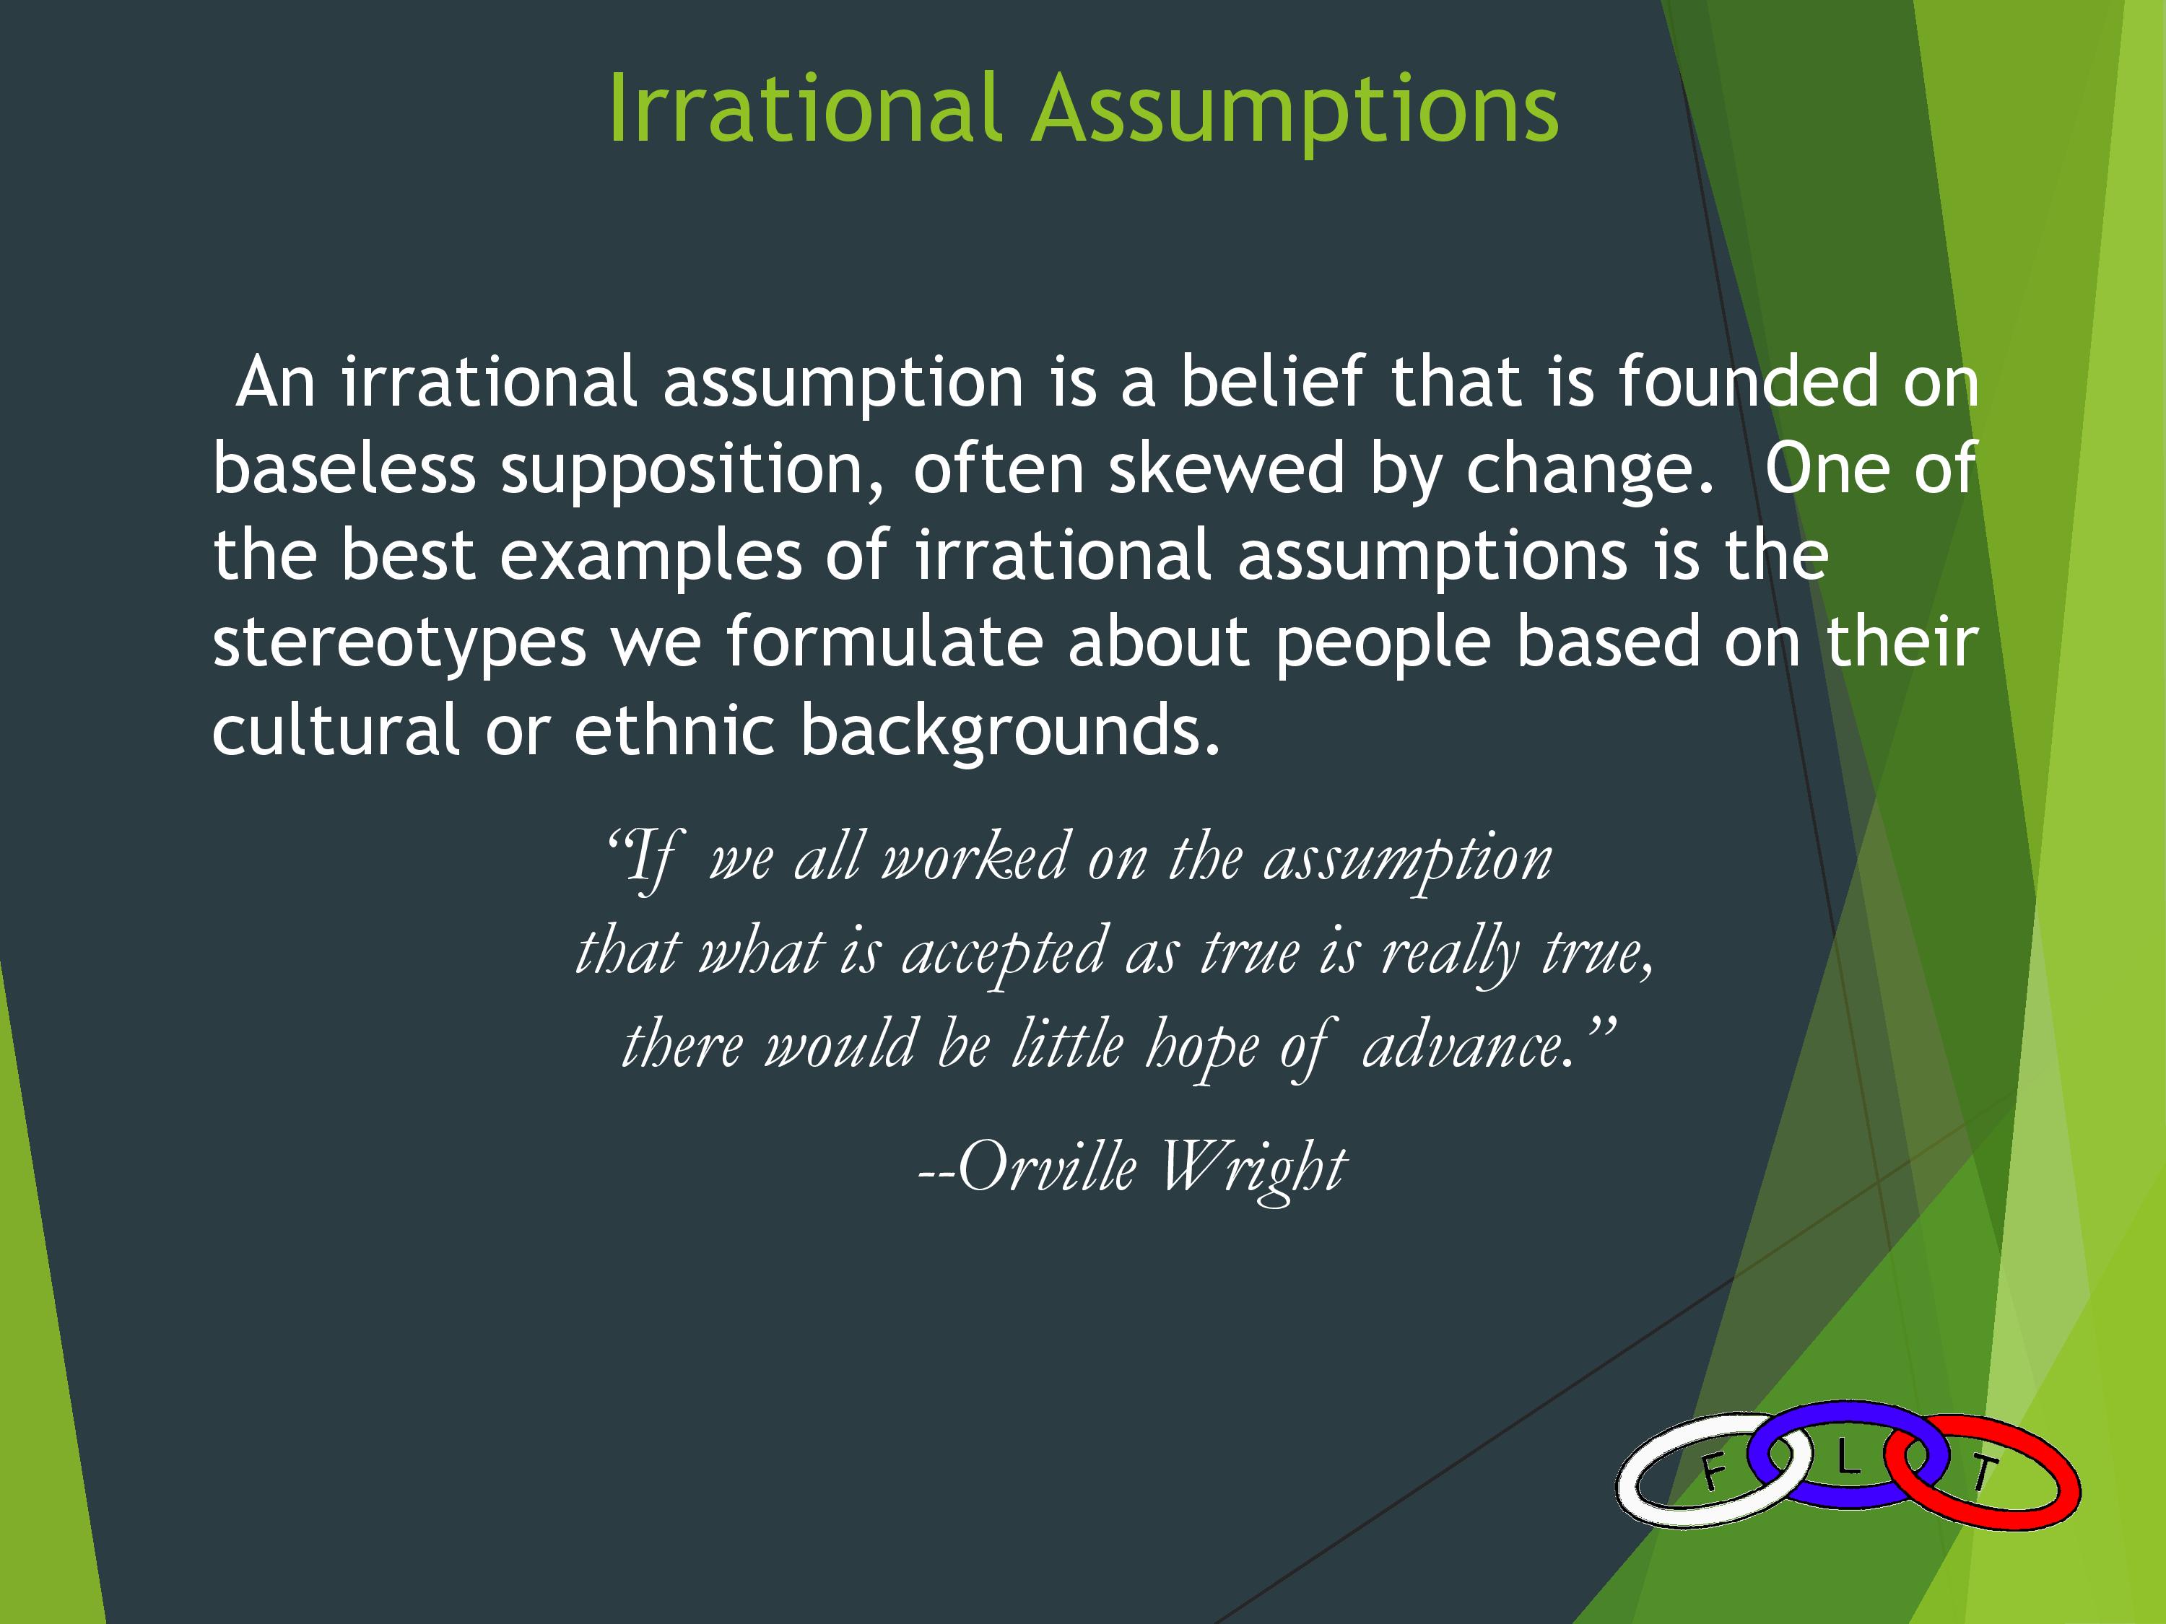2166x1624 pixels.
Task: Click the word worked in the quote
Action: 974,857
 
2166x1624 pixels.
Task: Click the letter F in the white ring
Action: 1713,1471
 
